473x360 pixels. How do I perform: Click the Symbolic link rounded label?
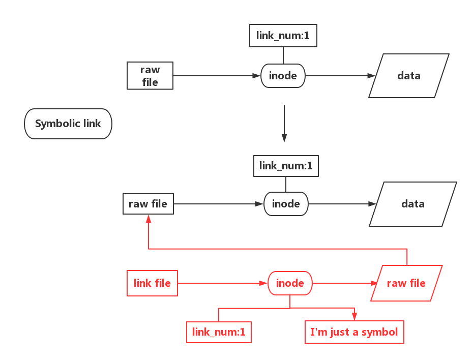point(68,124)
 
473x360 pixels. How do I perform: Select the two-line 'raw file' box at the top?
point(150,76)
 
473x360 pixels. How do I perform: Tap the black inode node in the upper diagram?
point(283,76)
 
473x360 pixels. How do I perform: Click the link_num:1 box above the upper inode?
point(283,36)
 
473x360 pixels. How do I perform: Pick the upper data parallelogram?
point(409,76)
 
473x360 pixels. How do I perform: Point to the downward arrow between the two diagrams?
point(284,124)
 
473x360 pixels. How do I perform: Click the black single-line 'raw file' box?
point(148,204)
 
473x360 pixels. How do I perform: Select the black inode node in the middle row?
point(286,204)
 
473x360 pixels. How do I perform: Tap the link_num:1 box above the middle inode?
point(286,166)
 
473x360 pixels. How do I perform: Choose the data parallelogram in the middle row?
point(412,204)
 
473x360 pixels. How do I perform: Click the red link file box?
point(153,283)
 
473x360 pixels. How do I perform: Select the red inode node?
point(290,283)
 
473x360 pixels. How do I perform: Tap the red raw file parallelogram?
point(406,283)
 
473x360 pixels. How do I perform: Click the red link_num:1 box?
point(219,332)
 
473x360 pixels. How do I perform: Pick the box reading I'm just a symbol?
point(354,332)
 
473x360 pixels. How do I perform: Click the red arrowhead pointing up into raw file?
point(149,219)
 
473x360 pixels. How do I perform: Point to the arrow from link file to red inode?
point(223,283)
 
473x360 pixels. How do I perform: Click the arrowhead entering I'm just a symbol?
point(354,316)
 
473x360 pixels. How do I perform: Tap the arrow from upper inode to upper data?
point(340,76)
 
